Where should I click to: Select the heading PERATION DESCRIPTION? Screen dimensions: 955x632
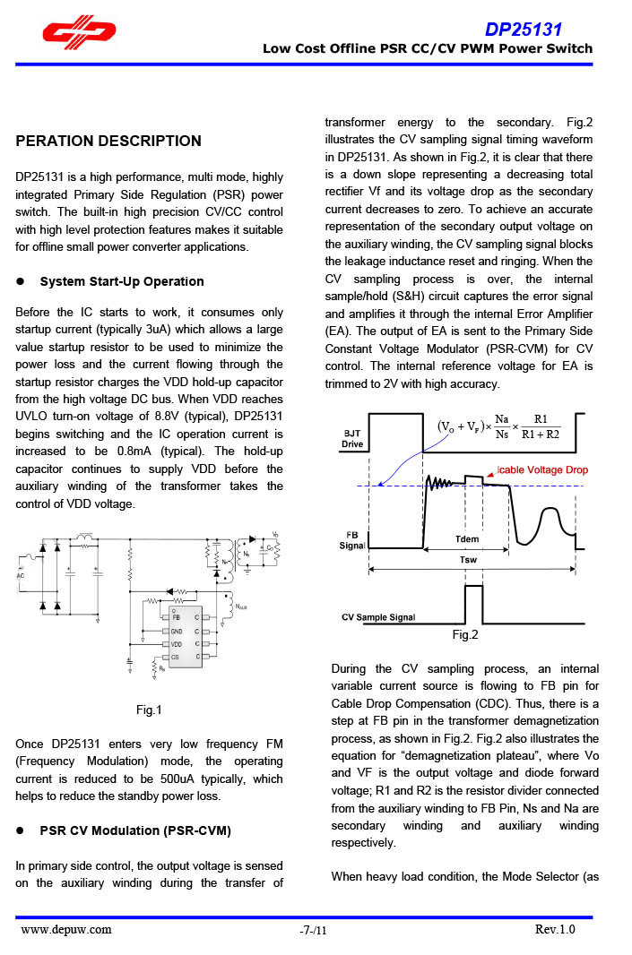[x=108, y=141]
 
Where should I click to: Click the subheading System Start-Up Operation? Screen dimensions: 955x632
[x=122, y=281]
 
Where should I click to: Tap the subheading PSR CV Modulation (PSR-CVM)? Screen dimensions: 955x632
[x=135, y=830]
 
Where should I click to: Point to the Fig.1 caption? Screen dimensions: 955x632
[x=149, y=710]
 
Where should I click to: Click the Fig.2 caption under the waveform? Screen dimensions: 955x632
[x=465, y=634]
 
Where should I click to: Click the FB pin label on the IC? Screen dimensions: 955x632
[x=177, y=617]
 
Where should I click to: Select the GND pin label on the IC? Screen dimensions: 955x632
[x=177, y=631]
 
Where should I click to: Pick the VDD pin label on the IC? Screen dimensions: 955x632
[x=177, y=644]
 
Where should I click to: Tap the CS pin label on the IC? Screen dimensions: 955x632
[x=177, y=657]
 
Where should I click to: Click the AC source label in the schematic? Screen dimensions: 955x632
[x=21, y=575]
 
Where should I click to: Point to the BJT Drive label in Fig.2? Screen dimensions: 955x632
[x=352, y=439]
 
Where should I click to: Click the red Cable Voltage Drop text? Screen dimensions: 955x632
[x=542, y=470]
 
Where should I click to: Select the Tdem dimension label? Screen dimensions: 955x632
[x=467, y=539]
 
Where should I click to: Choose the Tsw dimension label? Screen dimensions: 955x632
[x=468, y=557]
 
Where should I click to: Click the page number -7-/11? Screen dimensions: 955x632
[x=314, y=930]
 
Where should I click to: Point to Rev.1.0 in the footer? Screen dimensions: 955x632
[x=555, y=929]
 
